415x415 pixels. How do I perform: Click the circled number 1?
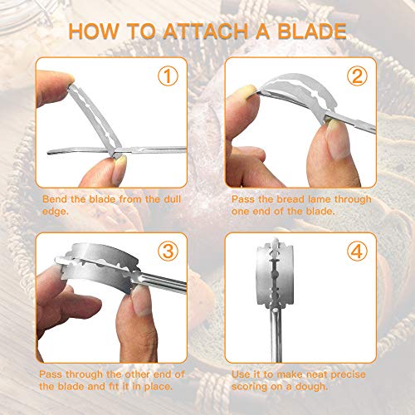[168, 76]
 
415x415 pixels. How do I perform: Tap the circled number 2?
[357, 76]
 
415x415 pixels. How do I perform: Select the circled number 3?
[168, 251]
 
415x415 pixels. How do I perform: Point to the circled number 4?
[357, 251]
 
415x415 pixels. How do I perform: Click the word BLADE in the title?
[312, 31]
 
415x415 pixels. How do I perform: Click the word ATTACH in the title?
[206, 31]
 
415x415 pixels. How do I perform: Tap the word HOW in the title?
[94, 31]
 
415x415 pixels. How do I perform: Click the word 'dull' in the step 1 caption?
[173, 199]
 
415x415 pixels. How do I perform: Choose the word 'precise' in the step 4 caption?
[348, 374]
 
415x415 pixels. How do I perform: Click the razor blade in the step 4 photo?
[275, 273]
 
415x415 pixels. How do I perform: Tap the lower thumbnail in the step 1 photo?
[120, 168]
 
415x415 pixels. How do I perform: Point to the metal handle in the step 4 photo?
[276, 334]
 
